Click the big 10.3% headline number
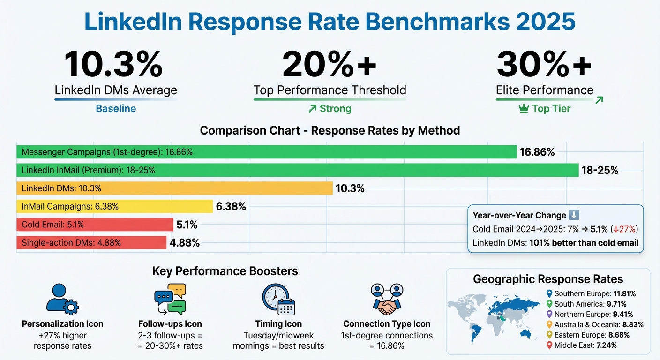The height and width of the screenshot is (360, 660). (114, 65)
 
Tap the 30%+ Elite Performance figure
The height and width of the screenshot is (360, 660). (544, 65)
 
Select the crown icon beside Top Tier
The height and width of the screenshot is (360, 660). (524, 109)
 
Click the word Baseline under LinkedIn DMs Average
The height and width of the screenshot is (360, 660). (116, 109)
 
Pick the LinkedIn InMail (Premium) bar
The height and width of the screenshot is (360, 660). (297, 170)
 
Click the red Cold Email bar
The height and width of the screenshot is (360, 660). (95, 225)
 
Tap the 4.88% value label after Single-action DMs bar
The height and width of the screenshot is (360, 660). (185, 243)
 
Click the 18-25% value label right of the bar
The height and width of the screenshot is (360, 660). (600, 171)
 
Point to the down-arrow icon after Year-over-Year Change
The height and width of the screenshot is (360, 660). (574, 215)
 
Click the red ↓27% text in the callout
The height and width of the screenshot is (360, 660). (625, 229)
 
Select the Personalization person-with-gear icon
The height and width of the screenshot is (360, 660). (62, 299)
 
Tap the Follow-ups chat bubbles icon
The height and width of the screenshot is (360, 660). (170, 299)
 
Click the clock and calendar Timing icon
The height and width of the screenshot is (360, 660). (278, 299)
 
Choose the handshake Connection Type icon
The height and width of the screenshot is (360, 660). (387, 299)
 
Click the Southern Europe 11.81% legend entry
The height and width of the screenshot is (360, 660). (594, 294)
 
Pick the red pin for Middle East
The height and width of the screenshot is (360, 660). (550, 345)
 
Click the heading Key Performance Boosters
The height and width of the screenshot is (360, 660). (225, 271)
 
